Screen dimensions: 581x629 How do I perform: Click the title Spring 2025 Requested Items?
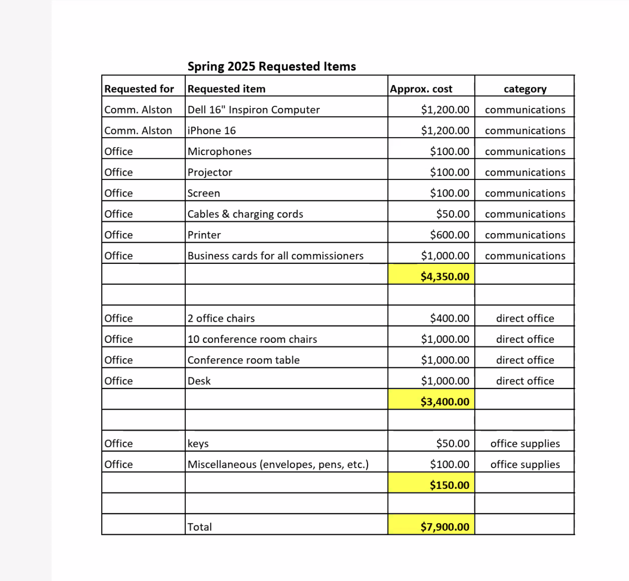click(x=271, y=66)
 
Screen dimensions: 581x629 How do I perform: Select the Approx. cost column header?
click(x=421, y=89)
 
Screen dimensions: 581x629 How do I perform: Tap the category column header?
click(x=525, y=89)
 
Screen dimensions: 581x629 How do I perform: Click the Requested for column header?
click(x=139, y=89)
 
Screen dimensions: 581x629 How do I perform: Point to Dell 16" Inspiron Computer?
click(x=254, y=110)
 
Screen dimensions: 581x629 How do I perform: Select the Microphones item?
click(x=219, y=151)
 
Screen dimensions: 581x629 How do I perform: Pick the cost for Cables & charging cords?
click(x=452, y=214)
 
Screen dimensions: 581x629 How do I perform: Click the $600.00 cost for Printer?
click(x=449, y=235)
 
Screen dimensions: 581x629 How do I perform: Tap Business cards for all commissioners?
click(x=276, y=256)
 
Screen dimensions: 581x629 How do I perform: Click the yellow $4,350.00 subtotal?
click(x=445, y=276)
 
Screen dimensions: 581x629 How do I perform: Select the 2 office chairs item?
click(x=221, y=319)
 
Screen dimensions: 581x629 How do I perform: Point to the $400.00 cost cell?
click(x=449, y=319)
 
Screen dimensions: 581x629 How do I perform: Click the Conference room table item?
click(x=243, y=360)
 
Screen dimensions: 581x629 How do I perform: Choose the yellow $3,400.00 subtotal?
click(x=445, y=402)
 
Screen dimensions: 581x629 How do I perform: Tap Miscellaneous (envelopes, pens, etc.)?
click(x=278, y=464)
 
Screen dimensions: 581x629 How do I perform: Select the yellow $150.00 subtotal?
click(x=449, y=485)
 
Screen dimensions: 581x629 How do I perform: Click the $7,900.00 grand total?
click(x=445, y=527)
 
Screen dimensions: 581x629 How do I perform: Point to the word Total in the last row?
click(x=199, y=527)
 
